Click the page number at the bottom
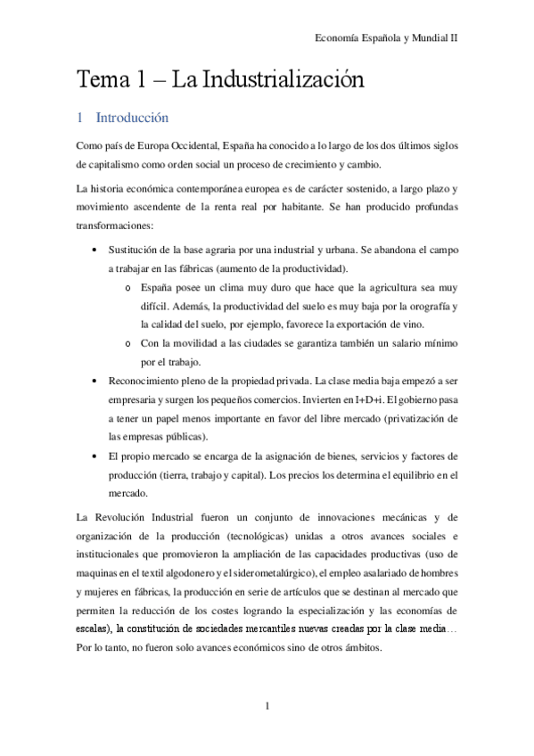pyautogui.click(x=267, y=707)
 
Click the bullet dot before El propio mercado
pyautogui.click(x=94, y=455)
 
